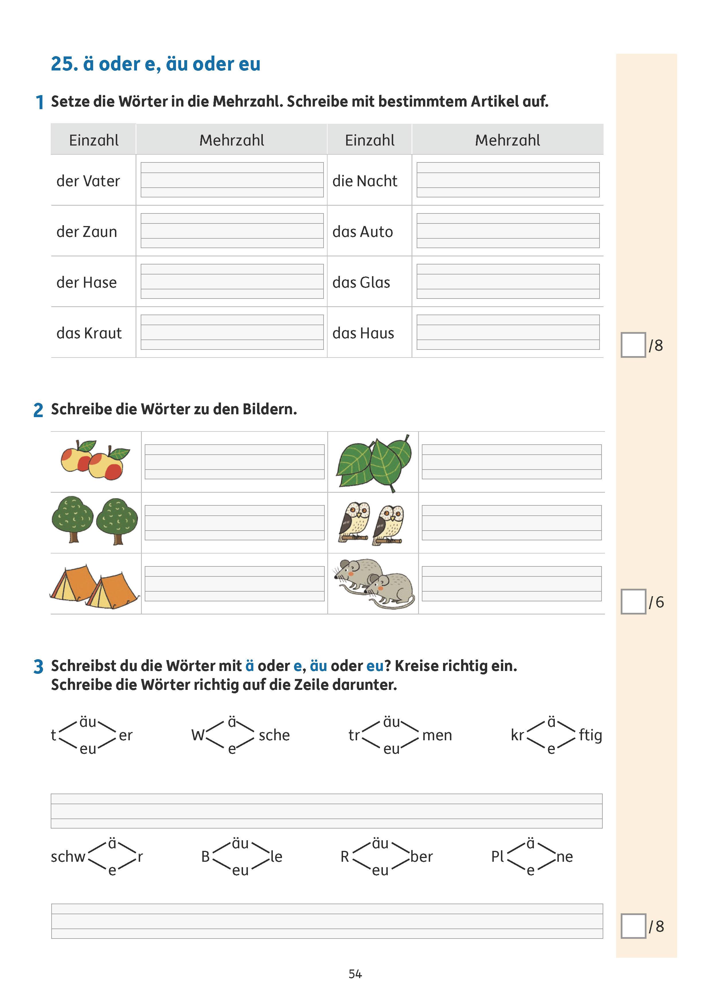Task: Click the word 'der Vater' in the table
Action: [x=88, y=181]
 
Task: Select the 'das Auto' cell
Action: [x=363, y=231]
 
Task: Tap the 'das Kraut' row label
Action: [x=89, y=333]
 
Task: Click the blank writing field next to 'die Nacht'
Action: [x=508, y=180]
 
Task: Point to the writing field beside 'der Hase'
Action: [x=232, y=281]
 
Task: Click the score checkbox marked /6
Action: [x=633, y=602]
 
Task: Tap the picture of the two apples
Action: [x=95, y=461]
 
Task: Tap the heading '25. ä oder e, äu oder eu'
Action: [x=155, y=64]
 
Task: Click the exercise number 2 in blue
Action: [x=38, y=410]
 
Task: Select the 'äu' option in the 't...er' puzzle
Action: [x=88, y=722]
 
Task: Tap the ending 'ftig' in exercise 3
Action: [x=590, y=735]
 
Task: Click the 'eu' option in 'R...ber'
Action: [x=380, y=870]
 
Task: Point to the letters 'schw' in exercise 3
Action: [x=68, y=857]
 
